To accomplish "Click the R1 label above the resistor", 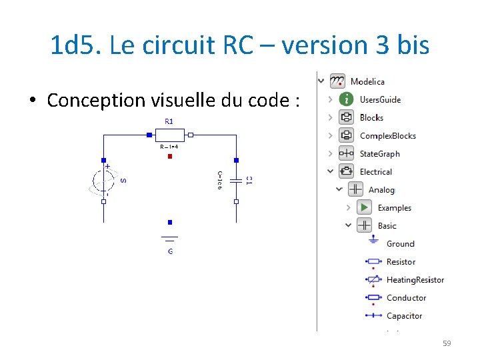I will pyautogui.click(x=169, y=122).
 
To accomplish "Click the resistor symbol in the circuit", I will pyautogui.click(x=169, y=135).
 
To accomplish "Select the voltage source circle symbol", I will pyautogui.click(x=103, y=181).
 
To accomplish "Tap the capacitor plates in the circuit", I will pyautogui.click(x=236, y=180).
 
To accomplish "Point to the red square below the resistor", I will pyautogui.click(x=170, y=157).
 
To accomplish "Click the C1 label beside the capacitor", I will pyautogui.click(x=249, y=180).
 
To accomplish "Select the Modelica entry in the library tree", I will pyautogui.click(x=367, y=81).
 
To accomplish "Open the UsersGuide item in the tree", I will pyautogui.click(x=380, y=99).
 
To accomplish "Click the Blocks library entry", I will pyautogui.click(x=371, y=117).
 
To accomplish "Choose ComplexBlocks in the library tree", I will pyautogui.click(x=387, y=135).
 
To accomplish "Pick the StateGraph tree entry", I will pyautogui.click(x=379, y=153).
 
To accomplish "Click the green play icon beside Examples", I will pyautogui.click(x=364, y=207).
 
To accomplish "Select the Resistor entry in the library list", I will pyautogui.click(x=401, y=262).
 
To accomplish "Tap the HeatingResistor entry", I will pyautogui.click(x=415, y=280).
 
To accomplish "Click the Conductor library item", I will pyautogui.click(x=406, y=298).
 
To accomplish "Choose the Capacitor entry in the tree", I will pyautogui.click(x=404, y=316).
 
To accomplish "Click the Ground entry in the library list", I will pyautogui.click(x=400, y=244).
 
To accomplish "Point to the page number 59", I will pyautogui.click(x=447, y=343).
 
